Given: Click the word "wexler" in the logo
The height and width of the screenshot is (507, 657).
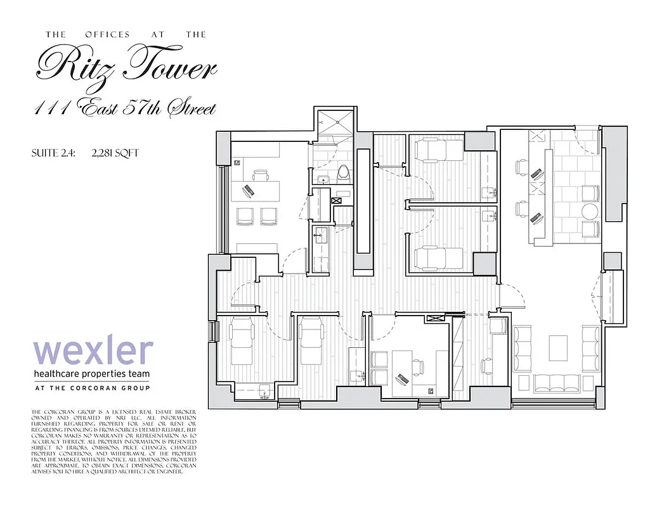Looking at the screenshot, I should click(x=93, y=352).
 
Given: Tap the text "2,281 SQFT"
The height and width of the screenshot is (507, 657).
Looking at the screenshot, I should click(x=115, y=153).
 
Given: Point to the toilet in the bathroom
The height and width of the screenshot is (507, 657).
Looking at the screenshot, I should click(x=343, y=172).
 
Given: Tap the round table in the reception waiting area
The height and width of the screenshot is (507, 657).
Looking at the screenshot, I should click(x=591, y=211).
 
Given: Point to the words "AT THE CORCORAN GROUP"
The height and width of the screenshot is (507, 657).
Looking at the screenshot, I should click(x=93, y=388).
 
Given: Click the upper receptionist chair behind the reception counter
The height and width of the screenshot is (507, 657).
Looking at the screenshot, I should click(x=520, y=167).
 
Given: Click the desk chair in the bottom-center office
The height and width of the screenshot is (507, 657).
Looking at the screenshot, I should click(x=418, y=365).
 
